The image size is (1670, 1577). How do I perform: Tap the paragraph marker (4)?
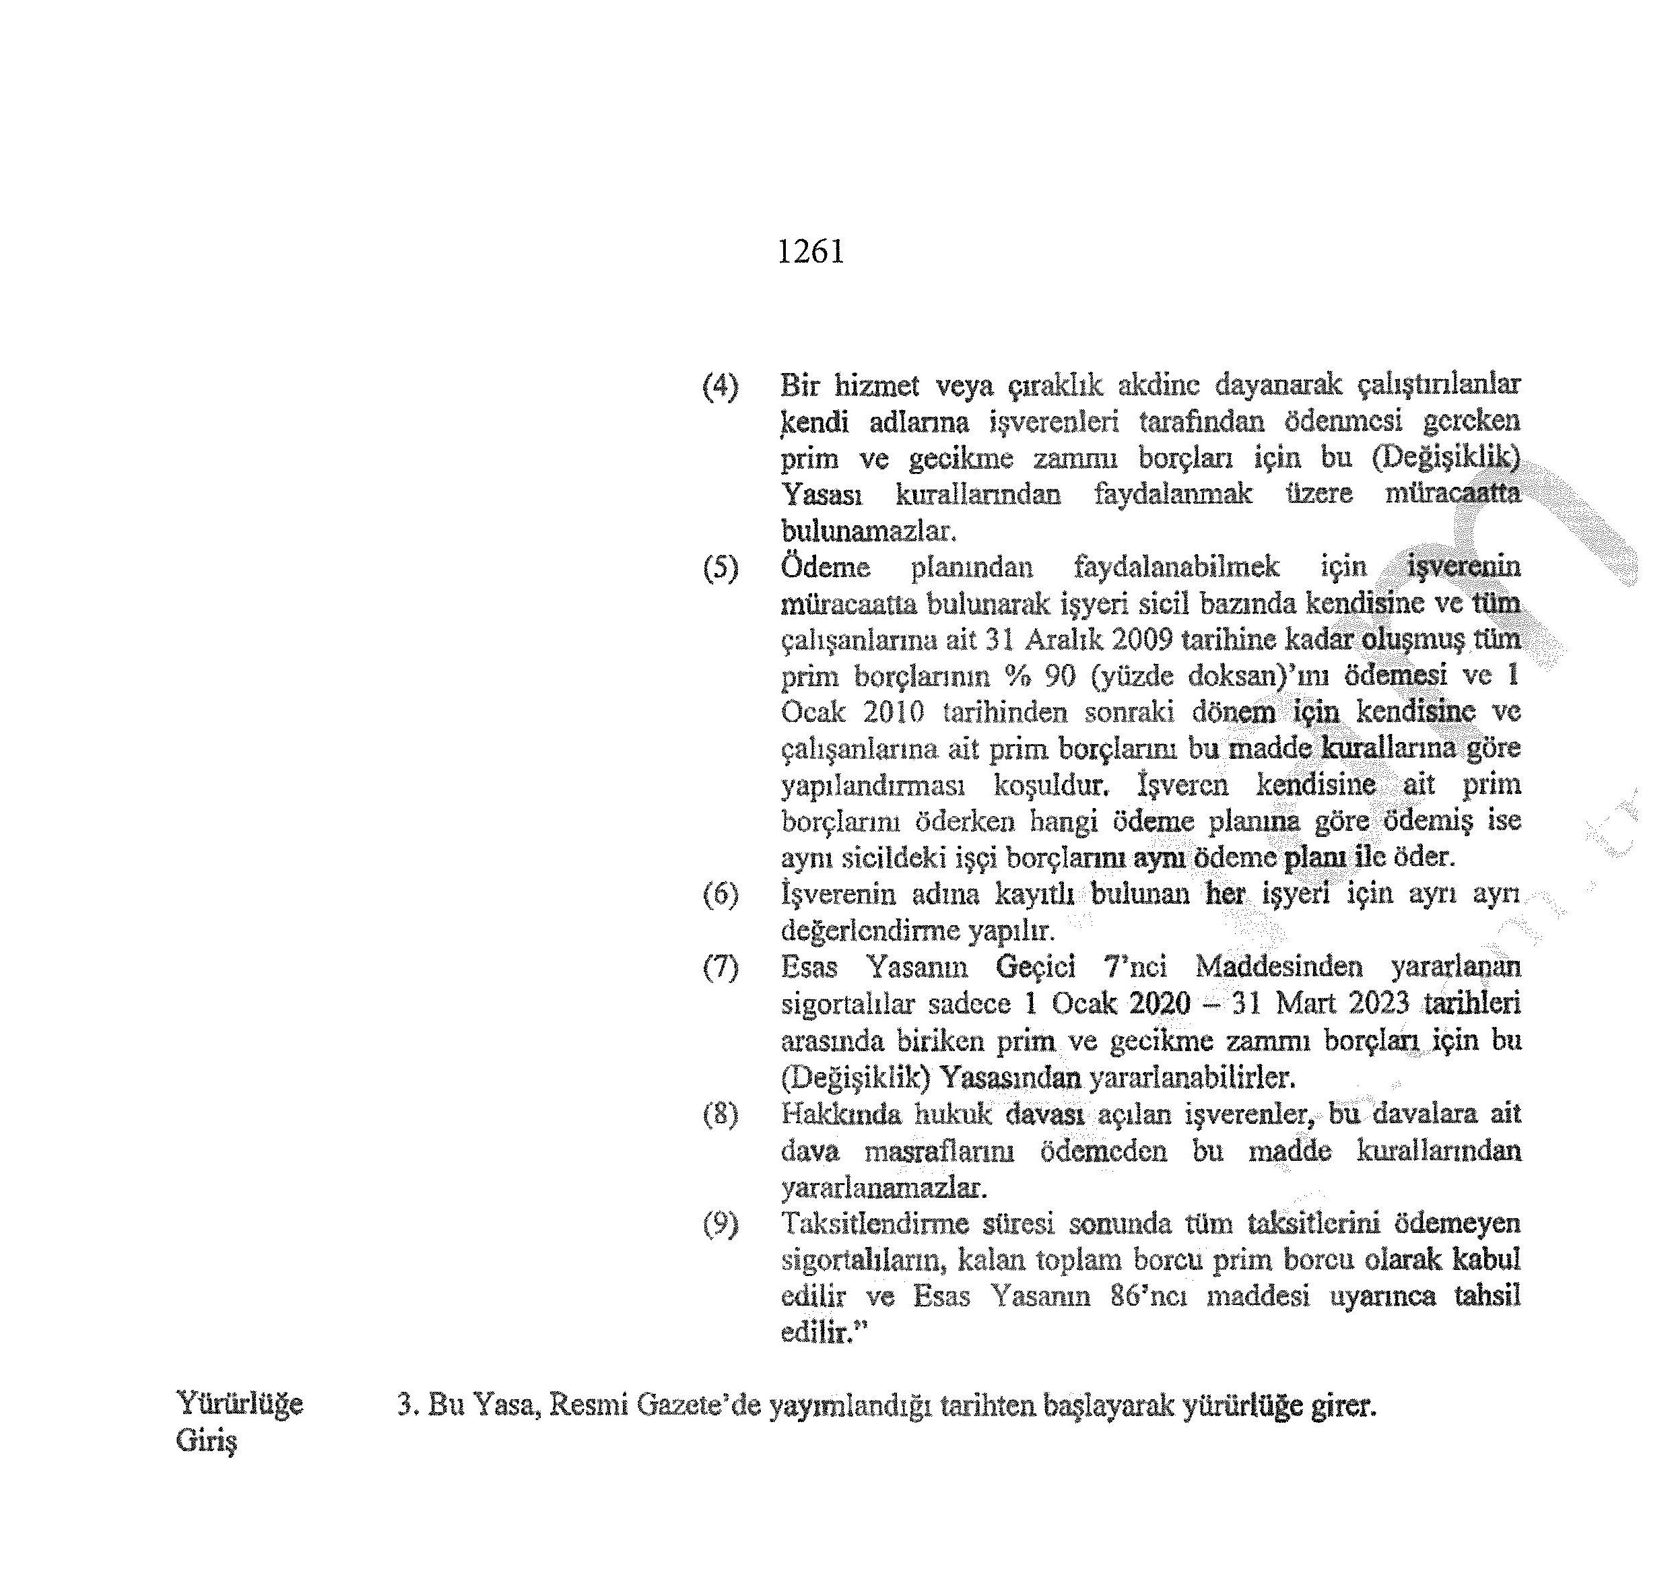click(x=721, y=387)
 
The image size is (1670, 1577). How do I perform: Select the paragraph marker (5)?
click(x=721, y=569)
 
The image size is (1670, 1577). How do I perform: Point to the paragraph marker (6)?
click(x=721, y=894)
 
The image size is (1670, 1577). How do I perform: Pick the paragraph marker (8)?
click(x=721, y=1114)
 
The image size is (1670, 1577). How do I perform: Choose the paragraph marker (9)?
click(x=721, y=1224)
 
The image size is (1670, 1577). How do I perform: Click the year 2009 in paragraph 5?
click(x=1141, y=640)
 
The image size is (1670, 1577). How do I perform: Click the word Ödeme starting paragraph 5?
click(x=824, y=568)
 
